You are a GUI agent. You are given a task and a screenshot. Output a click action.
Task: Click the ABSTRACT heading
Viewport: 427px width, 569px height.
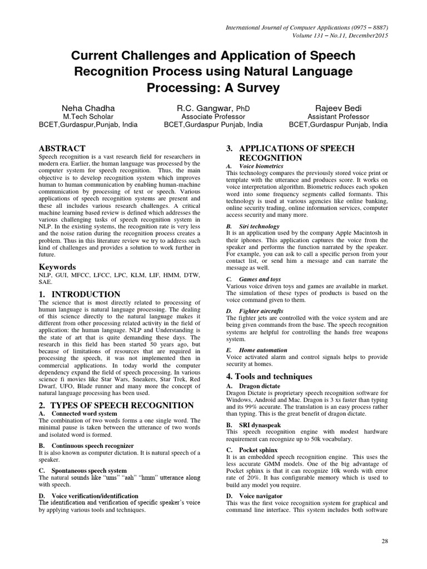pyautogui.click(x=62, y=148)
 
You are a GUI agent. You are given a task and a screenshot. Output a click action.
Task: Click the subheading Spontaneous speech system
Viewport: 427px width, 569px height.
pyautogui.click(x=89, y=470)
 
